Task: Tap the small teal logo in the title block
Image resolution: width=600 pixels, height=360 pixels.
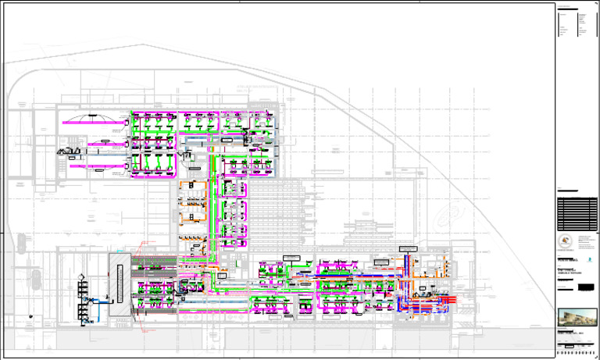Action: click(x=588, y=258)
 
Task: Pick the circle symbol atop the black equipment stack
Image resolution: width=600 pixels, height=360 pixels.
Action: click(x=81, y=275)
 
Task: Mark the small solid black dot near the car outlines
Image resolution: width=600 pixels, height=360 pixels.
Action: click(x=28, y=316)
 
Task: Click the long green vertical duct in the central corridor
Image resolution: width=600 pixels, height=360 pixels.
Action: click(x=216, y=203)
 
